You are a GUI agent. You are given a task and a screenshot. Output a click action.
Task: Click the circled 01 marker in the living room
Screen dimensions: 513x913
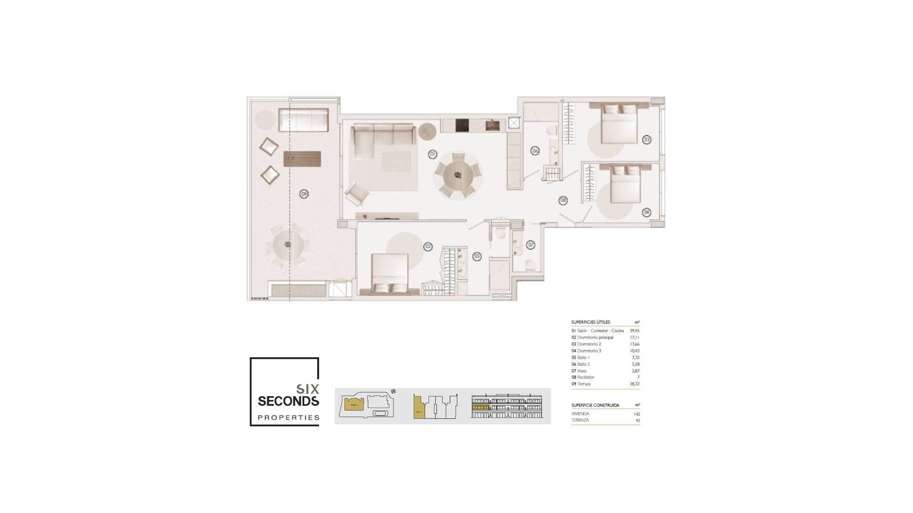[x=432, y=154]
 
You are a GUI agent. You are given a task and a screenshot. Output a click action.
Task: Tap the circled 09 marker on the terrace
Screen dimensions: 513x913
[x=304, y=194]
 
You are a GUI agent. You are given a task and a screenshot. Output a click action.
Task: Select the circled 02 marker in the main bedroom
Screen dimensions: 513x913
[x=428, y=247]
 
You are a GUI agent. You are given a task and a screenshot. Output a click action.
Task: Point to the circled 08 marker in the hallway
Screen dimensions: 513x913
[x=563, y=200]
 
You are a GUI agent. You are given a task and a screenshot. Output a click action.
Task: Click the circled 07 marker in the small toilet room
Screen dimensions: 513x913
[x=531, y=245]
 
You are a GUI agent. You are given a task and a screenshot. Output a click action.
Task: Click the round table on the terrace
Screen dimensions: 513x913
[x=288, y=245]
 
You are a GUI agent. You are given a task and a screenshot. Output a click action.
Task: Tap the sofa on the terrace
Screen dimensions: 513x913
[x=303, y=120]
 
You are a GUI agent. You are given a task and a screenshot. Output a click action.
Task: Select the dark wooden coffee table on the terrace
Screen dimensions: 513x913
[x=302, y=159]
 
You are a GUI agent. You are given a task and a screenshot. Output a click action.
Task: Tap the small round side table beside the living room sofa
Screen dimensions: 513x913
[x=427, y=131]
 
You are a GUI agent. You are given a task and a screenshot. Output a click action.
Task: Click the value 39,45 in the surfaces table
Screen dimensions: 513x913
[x=634, y=331]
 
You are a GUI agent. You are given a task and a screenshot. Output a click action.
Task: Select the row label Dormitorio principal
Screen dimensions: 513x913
[x=595, y=337]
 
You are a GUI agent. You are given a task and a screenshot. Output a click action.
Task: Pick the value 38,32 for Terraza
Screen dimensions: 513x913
[x=634, y=384]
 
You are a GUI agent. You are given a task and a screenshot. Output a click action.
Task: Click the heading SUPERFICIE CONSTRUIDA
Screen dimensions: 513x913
[x=595, y=405]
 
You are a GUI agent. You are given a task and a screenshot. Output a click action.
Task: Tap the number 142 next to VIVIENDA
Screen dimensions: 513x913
[x=637, y=414]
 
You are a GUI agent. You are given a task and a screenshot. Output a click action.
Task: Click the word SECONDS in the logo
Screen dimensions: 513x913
[x=288, y=401]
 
